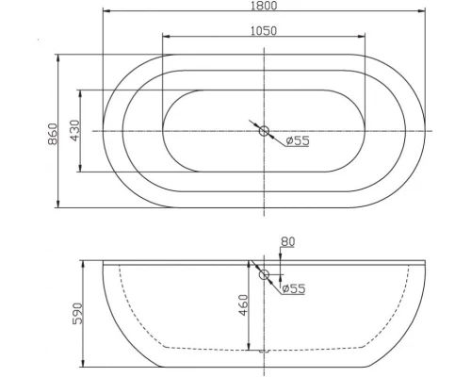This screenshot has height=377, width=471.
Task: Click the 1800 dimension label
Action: pyautogui.click(x=264, y=7)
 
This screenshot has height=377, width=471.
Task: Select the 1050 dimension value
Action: pyautogui.click(x=264, y=30)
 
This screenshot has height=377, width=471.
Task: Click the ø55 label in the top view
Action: pyautogui.click(x=298, y=141)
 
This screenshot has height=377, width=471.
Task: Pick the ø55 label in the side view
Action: pyautogui.click(x=293, y=289)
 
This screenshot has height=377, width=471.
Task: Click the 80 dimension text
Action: pyautogui.click(x=287, y=243)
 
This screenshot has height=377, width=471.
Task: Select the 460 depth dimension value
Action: pyautogui.click(x=242, y=307)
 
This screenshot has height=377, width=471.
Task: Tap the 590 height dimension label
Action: pyautogui.click(x=78, y=313)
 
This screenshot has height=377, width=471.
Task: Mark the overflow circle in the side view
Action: pyautogui.click(x=265, y=275)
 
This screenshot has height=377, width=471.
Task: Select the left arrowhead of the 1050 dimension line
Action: pyautogui.click(x=166, y=38)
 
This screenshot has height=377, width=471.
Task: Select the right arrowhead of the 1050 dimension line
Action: pyautogui.click(x=363, y=38)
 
